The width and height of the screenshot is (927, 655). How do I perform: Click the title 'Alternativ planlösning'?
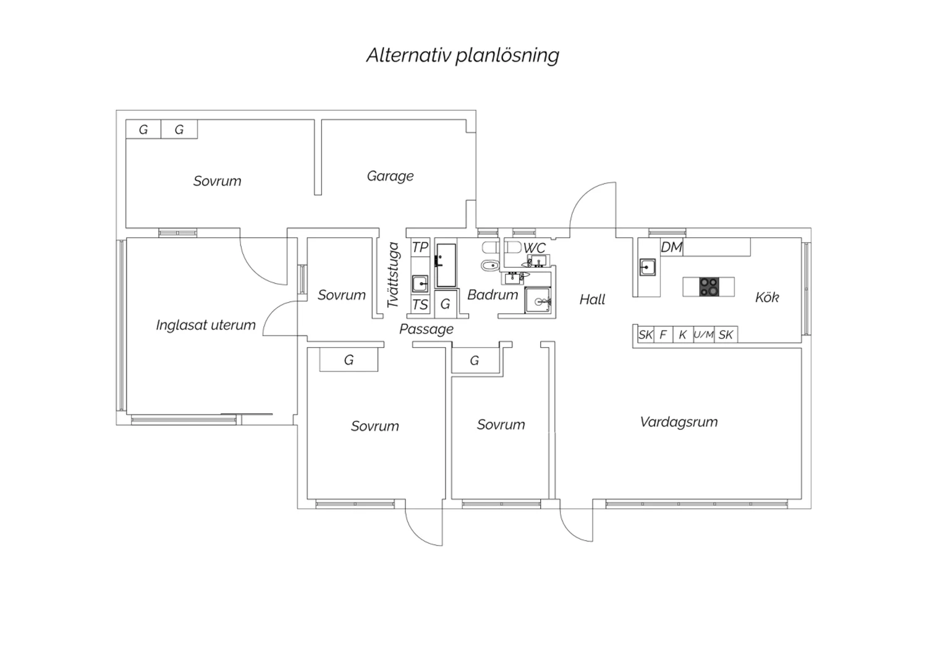click(x=463, y=56)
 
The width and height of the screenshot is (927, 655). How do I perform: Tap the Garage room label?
click(x=390, y=176)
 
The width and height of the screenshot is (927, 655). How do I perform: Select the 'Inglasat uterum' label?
click(x=206, y=325)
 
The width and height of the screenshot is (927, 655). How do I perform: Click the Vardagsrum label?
click(x=679, y=422)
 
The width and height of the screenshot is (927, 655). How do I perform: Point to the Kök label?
click(x=767, y=297)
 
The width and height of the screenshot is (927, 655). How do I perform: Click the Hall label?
click(x=592, y=299)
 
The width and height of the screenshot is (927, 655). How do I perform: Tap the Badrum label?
click(x=493, y=295)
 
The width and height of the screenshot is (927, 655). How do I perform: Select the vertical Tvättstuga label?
click(x=392, y=275)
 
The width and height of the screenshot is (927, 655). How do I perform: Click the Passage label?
click(x=426, y=329)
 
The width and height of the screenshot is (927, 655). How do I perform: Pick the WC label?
click(x=535, y=248)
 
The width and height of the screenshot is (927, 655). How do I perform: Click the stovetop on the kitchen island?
click(x=709, y=287)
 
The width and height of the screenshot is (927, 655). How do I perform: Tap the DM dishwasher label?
click(x=671, y=247)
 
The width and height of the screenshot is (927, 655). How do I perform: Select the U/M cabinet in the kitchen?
click(x=704, y=334)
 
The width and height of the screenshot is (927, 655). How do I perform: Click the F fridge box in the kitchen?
click(x=663, y=334)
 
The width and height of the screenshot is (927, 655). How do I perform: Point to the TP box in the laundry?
click(x=420, y=247)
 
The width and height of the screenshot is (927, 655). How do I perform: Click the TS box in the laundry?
click(x=420, y=305)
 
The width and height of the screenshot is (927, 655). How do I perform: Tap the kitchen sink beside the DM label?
click(x=647, y=268)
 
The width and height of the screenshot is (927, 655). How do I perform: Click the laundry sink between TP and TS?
click(x=420, y=284)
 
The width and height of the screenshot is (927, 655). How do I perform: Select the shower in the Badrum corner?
click(x=538, y=300)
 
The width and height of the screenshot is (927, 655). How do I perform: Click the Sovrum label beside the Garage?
click(x=218, y=181)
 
